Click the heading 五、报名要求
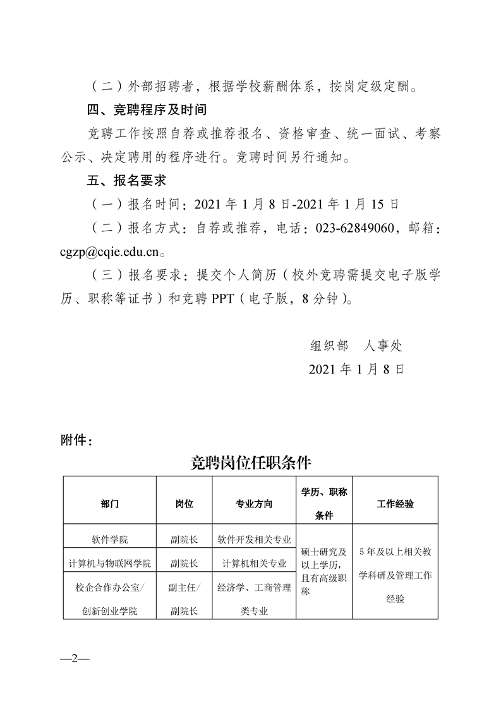coord(126,180)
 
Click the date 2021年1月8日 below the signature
coord(356,369)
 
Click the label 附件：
coord(76,440)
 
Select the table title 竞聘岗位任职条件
coord(251,463)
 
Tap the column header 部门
coord(109,504)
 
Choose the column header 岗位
coord(184,504)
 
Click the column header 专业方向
coord(254,504)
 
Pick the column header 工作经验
coord(395,504)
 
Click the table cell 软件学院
coord(109,540)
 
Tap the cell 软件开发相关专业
coord(254,540)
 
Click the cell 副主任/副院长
coord(184,599)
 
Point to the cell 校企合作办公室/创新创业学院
coord(109,599)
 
